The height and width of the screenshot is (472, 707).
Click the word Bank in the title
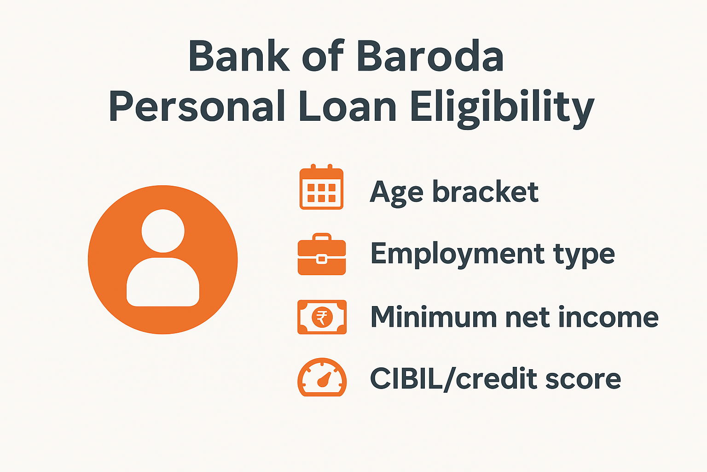point(238,56)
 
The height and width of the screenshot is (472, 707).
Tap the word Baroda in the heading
point(430,56)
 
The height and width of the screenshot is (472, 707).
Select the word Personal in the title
point(197,106)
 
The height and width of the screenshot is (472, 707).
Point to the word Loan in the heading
point(348,106)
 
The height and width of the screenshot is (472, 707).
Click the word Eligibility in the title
point(502,107)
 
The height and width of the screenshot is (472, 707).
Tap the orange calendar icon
point(321,187)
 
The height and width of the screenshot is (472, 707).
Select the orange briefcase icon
point(321,254)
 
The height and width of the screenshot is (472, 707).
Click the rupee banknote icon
point(322,317)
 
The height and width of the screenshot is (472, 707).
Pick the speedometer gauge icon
point(322,378)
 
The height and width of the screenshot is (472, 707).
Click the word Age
point(396,193)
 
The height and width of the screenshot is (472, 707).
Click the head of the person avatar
point(163,230)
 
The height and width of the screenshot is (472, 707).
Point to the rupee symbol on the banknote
point(322,318)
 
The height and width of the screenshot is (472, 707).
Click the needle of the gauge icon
point(325,379)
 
